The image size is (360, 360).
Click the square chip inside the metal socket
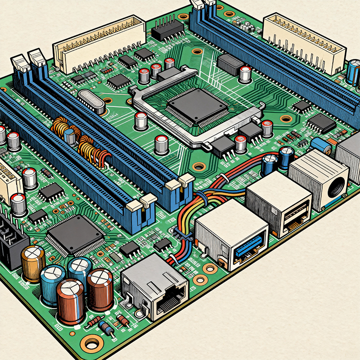click(x=197, y=107)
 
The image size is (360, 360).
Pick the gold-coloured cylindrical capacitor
click(x=33, y=263)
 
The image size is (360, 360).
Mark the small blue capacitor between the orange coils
click(x=70, y=136)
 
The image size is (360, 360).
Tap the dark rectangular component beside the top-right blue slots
click(x=230, y=65)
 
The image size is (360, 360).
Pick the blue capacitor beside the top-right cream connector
click(x=353, y=72)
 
